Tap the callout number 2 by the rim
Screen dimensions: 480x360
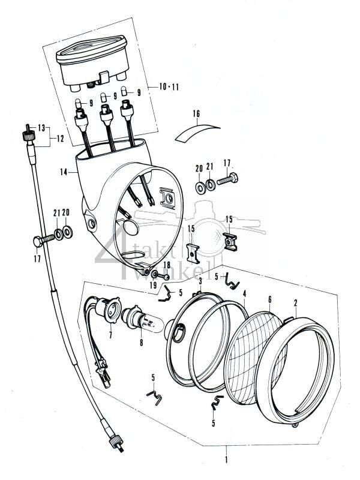coord(295,304)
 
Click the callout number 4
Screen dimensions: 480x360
coord(245,293)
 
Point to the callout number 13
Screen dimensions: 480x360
coord(41,128)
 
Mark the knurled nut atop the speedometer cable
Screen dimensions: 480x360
coord(28,130)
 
